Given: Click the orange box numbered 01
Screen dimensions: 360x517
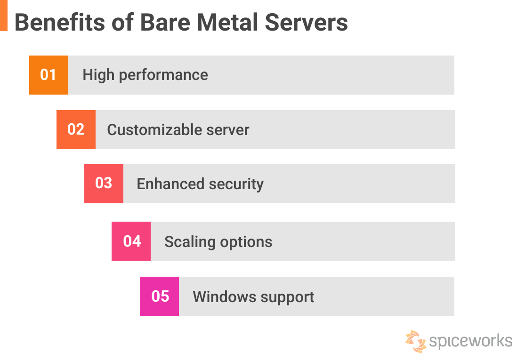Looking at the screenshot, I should (48, 75).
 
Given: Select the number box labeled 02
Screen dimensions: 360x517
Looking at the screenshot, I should (76, 129).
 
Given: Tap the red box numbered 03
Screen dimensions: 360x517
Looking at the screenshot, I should (104, 184).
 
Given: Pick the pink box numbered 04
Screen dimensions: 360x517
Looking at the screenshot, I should (131, 241).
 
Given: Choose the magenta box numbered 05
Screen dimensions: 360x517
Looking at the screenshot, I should (160, 296).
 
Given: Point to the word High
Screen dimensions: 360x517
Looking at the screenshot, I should (98, 75).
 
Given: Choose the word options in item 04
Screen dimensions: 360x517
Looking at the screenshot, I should (247, 242).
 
